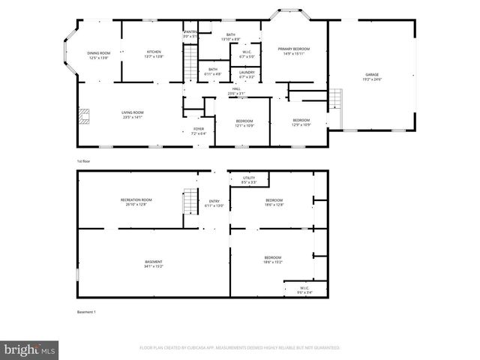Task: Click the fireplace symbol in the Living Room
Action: (x=85, y=115)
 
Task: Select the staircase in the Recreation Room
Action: (x=189, y=202)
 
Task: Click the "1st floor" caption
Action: (x=84, y=161)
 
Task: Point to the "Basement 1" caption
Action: (x=86, y=312)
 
